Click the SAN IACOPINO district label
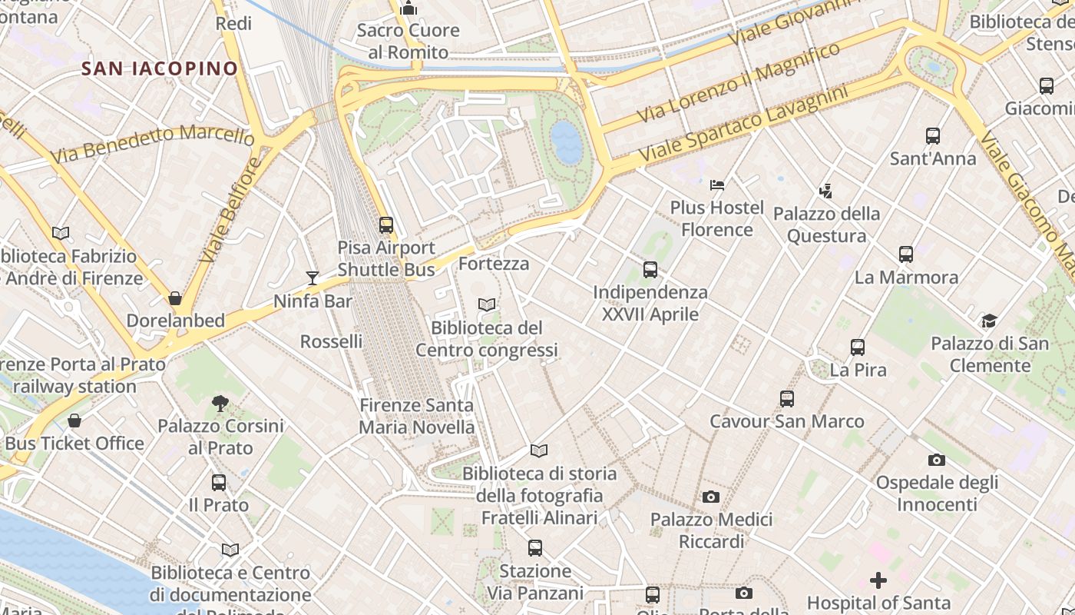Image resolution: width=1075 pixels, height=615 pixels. (160, 68)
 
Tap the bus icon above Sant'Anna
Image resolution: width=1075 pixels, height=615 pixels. (933, 136)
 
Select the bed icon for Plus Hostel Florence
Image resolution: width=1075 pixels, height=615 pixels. (717, 185)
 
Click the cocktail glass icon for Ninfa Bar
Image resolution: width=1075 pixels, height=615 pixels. (313, 278)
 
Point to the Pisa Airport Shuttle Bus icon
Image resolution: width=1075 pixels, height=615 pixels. (386, 225)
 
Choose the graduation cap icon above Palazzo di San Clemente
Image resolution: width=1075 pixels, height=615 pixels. (989, 321)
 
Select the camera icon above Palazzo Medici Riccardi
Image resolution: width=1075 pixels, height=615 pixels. (711, 497)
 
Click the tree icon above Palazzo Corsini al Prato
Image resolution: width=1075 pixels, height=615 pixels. (220, 403)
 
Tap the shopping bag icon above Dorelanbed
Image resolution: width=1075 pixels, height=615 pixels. (175, 298)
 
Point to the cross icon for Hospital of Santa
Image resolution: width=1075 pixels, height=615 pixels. (878, 580)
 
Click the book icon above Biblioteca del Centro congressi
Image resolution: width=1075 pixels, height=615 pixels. (487, 305)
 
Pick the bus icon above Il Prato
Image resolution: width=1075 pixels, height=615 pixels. (219, 483)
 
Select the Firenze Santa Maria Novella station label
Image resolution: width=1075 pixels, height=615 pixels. (416, 416)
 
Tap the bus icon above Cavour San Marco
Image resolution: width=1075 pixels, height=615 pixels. (787, 399)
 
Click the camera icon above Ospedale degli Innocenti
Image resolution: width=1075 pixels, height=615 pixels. (937, 460)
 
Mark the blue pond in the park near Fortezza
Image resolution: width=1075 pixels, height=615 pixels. (567, 142)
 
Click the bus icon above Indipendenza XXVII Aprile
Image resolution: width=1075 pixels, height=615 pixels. (650, 270)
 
